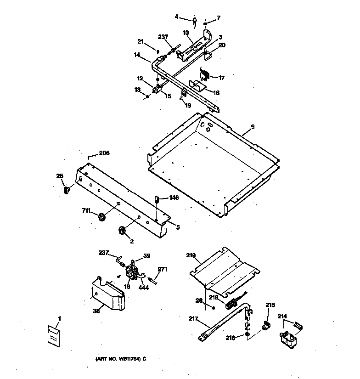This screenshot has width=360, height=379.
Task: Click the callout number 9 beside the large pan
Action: (252, 126)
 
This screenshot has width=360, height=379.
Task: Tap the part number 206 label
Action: (104, 153)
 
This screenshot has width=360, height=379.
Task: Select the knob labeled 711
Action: (101, 216)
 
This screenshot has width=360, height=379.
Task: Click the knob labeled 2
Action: (122, 231)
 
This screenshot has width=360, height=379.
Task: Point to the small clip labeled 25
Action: (66, 189)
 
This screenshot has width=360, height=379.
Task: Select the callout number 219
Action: (191, 255)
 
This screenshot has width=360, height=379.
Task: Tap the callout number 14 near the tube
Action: (137, 55)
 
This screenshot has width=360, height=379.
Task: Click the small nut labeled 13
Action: (147, 96)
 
